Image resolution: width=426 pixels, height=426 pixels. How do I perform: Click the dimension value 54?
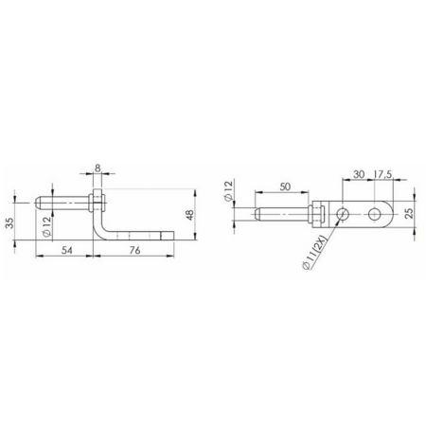click(x=67, y=250)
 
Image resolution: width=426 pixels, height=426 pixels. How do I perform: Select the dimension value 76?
click(x=134, y=250)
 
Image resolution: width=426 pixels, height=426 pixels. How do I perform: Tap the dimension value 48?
click(x=190, y=215)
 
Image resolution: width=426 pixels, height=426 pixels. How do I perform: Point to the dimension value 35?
click(x=9, y=222)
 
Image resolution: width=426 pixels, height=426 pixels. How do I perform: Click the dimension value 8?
click(x=98, y=169)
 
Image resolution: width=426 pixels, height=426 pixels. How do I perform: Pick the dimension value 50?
click(x=285, y=186)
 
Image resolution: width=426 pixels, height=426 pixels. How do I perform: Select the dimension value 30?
click(x=359, y=174)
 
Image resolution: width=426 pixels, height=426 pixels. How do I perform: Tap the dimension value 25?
click(x=409, y=213)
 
